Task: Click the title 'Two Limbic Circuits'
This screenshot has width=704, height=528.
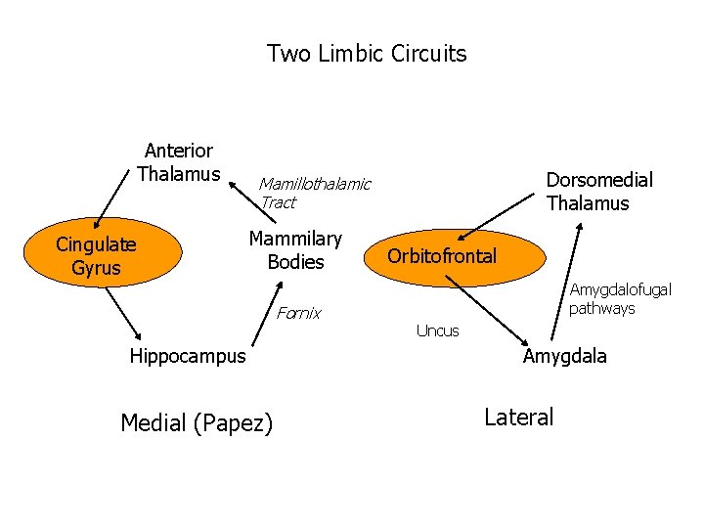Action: click(x=367, y=53)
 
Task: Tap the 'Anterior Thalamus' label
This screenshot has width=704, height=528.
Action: click(x=178, y=162)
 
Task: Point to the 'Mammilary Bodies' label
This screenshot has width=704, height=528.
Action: click(x=295, y=250)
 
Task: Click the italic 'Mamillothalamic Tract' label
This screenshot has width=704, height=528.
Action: click(x=314, y=193)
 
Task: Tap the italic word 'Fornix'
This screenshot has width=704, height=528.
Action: click(x=298, y=314)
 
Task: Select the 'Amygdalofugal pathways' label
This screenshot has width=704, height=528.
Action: click(x=620, y=299)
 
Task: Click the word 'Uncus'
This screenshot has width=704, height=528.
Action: click(x=437, y=330)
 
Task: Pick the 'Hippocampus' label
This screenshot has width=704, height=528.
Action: click(x=188, y=356)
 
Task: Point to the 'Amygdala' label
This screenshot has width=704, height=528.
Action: click(x=564, y=356)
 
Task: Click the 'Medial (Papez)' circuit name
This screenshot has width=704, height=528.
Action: click(x=196, y=422)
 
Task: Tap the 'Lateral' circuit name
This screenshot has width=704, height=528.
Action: click(x=518, y=417)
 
